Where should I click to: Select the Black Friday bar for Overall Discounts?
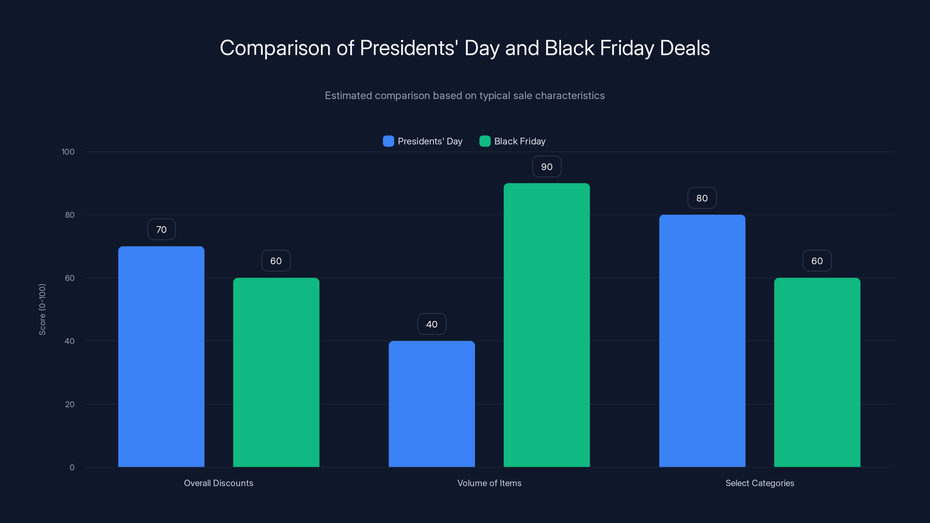click(276, 372)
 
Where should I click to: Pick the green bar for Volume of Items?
click(547, 325)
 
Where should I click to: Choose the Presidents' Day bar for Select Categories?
click(702, 341)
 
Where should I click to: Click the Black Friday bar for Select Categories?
click(817, 372)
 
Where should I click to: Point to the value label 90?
click(547, 167)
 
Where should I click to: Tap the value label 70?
click(161, 230)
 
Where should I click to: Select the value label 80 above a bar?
click(702, 198)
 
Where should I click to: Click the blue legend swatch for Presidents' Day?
click(388, 141)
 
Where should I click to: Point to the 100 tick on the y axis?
click(68, 152)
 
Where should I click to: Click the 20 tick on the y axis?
click(70, 404)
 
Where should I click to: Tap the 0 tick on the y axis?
click(72, 468)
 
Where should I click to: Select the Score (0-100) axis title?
click(42, 309)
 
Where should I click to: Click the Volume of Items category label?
click(489, 483)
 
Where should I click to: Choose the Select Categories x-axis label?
click(760, 483)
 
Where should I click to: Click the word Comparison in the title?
click(275, 48)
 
